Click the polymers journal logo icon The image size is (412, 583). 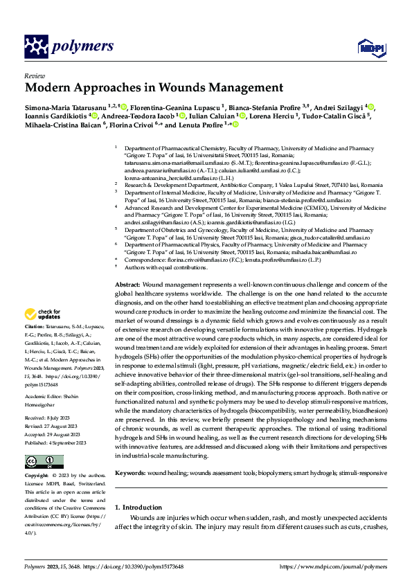click(x=36, y=46)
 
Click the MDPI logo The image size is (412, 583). click(x=368, y=47)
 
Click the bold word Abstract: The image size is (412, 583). click(x=127, y=285)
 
